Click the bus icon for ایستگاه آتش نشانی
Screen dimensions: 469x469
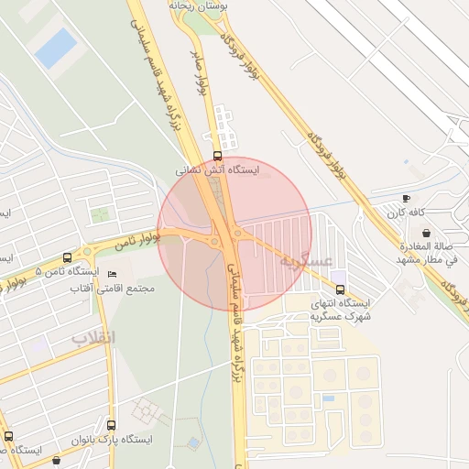click(217, 156)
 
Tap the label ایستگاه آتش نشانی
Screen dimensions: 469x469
click(218, 170)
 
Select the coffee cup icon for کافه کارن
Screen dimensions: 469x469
click(406, 199)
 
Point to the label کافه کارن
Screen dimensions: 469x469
click(406, 213)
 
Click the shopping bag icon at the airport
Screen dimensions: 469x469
click(426, 233)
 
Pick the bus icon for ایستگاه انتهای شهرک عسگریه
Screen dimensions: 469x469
click(341, 289)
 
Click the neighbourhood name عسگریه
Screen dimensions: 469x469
click(305, 261)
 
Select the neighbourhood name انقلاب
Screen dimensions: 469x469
click(94, 338)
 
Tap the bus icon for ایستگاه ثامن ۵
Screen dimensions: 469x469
click(67, 258)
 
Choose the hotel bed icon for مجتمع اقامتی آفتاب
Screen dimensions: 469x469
click(113, 275)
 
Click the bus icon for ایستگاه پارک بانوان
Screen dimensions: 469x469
click(111, 426)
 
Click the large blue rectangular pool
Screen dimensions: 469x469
click(56, 47)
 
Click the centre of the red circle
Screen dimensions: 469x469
click(234, 234)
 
